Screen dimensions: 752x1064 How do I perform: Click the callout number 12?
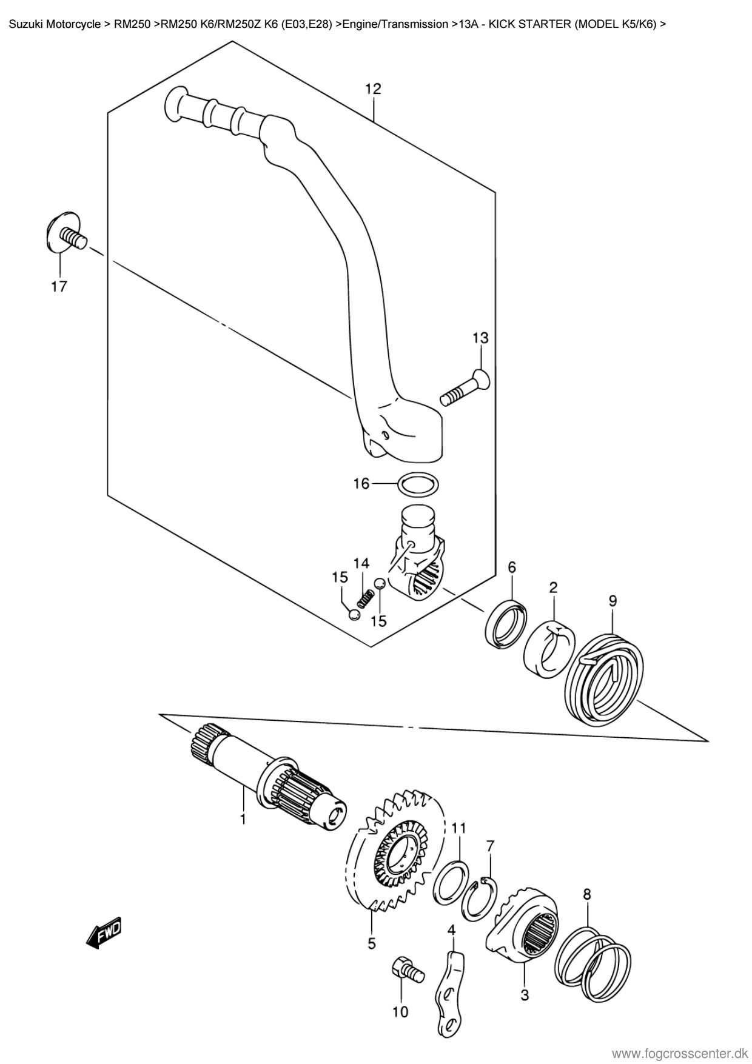coord(373,89)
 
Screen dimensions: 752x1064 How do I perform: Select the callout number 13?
coord(480,338)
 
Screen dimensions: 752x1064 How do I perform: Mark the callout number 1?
coord(243,820)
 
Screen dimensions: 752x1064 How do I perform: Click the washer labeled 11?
coord(451,883)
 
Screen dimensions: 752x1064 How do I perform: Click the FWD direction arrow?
coord(105,932)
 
